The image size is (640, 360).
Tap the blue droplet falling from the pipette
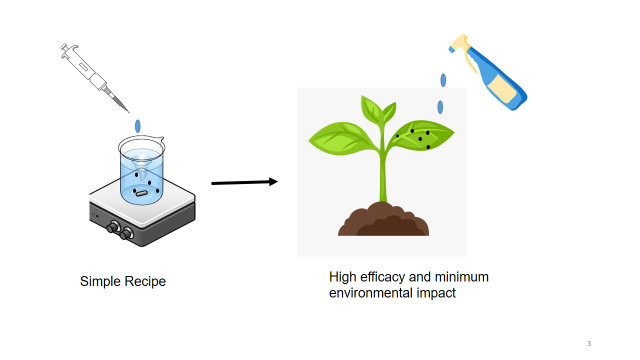(x=140, y=125)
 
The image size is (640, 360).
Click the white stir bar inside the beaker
(x=142, y=192)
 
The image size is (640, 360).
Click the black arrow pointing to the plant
(x=243, y=183)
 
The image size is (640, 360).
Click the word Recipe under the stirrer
(x=146, y=282)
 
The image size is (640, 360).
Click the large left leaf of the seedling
(x=341, y=137)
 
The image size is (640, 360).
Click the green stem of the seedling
(x=382, y=175)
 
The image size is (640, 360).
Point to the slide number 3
(x=589, y=344)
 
